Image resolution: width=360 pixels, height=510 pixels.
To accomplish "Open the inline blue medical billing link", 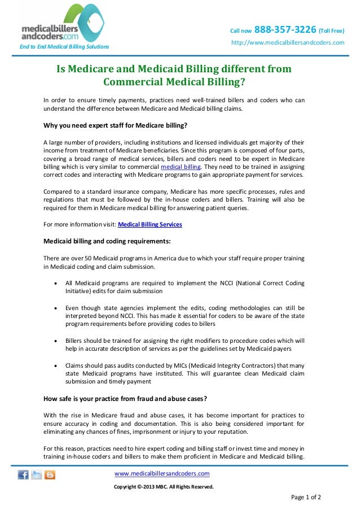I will (x=180, y=167).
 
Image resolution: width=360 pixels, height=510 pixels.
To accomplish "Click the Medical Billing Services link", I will (x=150, y=225).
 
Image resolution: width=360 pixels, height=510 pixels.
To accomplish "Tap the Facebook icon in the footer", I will (x=23, y=475).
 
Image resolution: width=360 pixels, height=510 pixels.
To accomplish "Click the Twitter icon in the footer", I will (x=37, y=475).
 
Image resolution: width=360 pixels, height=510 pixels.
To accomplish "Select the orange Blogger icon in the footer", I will (x=50, y=475).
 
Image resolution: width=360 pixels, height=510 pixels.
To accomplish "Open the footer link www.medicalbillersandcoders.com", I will (x=162, y=473).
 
